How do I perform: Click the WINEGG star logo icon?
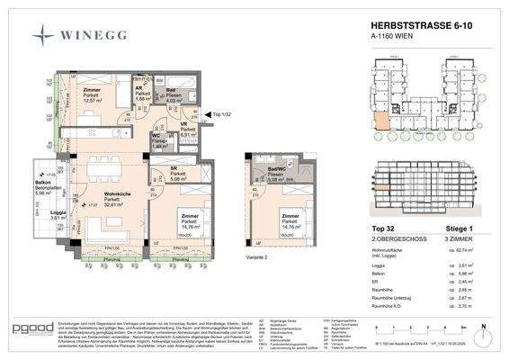[41, 35]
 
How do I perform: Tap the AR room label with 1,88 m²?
[141, 97]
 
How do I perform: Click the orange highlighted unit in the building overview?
[379, 129]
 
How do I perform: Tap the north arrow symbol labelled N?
[482, 331]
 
